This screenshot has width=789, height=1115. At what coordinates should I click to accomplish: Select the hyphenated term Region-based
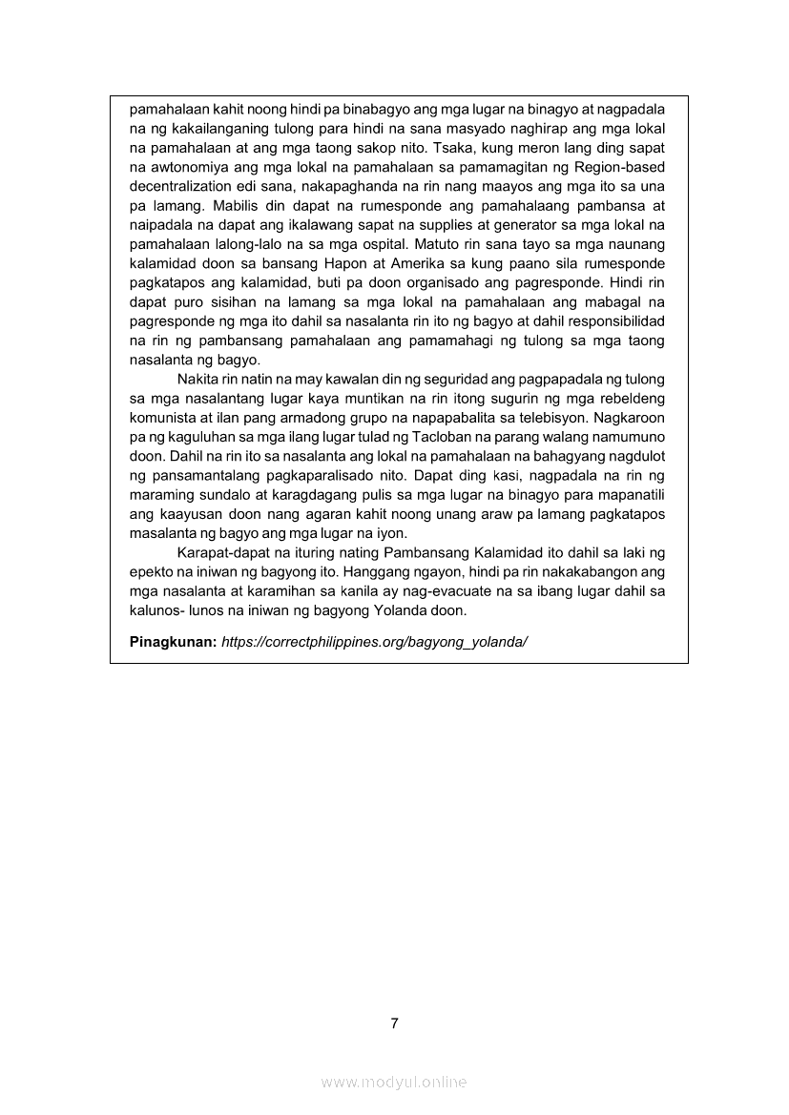tap(620, 167)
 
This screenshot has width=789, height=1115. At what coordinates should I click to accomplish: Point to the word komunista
tap(163, 418)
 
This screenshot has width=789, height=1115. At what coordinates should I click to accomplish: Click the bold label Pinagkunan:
tap(173, 641)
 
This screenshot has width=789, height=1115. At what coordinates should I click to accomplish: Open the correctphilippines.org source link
tap(374, 641)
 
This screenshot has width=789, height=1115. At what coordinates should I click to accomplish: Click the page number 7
tap(394, 1023)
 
